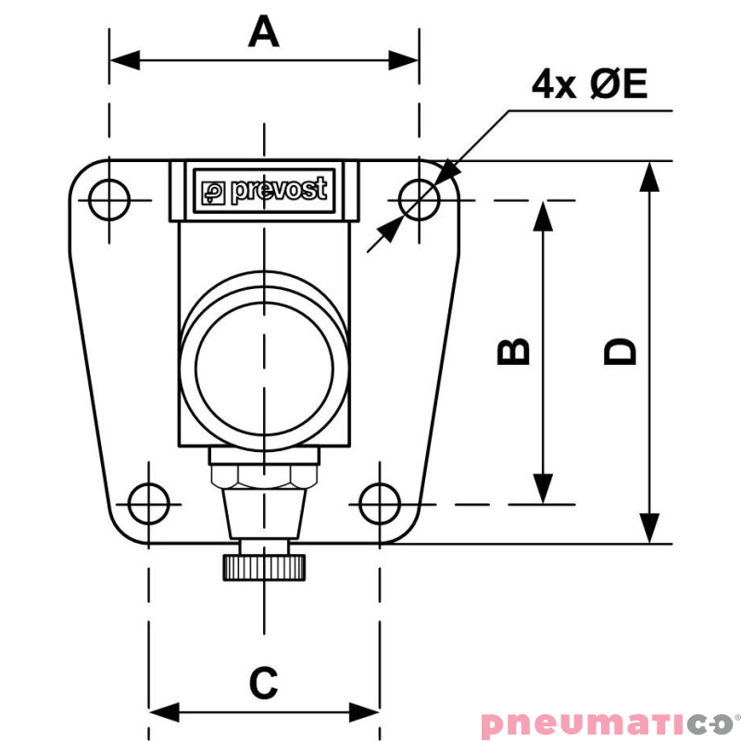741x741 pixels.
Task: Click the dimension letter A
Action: (264, 31)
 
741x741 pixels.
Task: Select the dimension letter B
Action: (513, 352)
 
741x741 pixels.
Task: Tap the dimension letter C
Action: (263, 683)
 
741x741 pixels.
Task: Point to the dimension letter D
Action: (620, 352)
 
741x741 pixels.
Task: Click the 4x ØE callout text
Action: (589, 83)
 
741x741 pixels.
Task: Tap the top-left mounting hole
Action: (109, 200)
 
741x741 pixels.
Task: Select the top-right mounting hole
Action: (419, 200)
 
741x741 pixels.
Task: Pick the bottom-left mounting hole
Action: (149, 504)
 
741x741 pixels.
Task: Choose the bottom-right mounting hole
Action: (380, 504)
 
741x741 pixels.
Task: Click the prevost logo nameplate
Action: (264, 191)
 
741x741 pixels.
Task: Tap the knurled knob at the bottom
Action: (264, 568)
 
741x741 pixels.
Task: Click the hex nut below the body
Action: (264, 476)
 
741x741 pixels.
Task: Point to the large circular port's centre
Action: (264, 369)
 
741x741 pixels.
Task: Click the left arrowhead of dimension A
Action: (125, 60)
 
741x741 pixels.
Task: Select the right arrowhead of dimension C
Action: (364, 711)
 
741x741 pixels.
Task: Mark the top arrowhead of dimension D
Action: (649, 177)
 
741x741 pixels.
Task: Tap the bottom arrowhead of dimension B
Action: (543, 489)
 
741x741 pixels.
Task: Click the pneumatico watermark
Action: (609, 724)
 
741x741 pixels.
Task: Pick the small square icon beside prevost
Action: (213, 193)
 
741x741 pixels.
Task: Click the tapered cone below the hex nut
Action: (264, 514)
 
